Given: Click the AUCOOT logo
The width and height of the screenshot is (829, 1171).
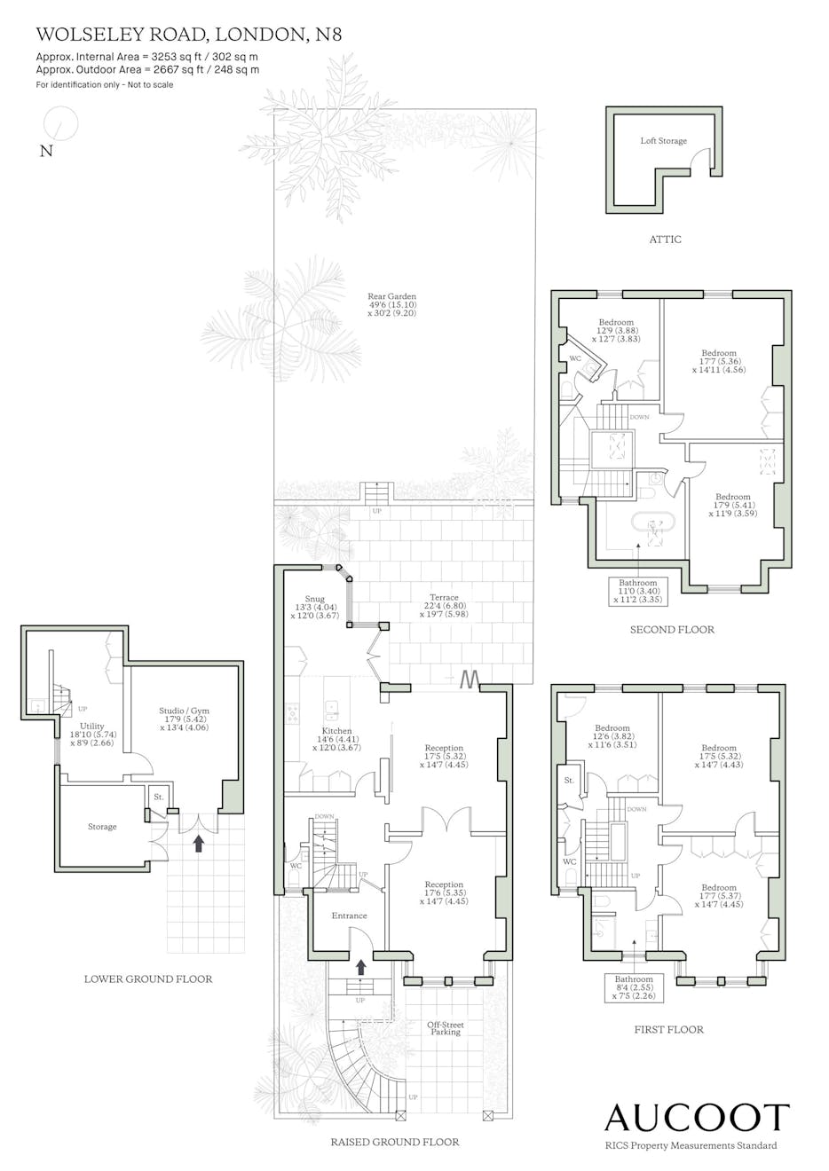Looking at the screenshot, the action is (x=697, y=1118).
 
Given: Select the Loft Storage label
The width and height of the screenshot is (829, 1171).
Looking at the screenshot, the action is (x=663, y=141).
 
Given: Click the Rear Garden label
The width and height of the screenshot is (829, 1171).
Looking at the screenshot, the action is (x=391, y=305).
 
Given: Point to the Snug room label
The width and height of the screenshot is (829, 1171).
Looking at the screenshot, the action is (x=315, y=607).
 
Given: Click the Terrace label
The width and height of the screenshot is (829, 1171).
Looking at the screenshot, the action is (x=444, y=605).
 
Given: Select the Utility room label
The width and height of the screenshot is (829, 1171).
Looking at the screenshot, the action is (x=92, y=734).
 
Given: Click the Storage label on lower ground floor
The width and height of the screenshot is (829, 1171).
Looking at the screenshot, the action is (x=102, y=827).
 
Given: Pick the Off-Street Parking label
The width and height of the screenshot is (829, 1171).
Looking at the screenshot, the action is (x=445, y=1028).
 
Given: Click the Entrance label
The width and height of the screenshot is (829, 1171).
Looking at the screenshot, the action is (x=349, y=916).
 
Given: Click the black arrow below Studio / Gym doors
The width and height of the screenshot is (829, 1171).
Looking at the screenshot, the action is (x=198, y=844).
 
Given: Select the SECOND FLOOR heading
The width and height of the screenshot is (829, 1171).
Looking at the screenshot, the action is (x=672, y=630).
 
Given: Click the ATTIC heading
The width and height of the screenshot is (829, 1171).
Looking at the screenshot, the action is (x=666, y=240).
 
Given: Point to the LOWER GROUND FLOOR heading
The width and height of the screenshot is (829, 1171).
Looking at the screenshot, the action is (x=148, y=979).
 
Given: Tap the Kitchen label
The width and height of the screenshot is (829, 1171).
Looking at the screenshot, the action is (x=336, y=739).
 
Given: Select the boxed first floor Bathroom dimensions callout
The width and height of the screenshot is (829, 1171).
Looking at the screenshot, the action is (x=634, y=987).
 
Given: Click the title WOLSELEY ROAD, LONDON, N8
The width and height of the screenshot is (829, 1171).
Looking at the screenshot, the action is (x=189, y=35).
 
